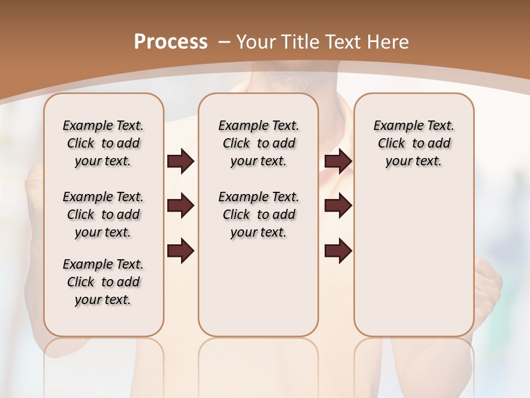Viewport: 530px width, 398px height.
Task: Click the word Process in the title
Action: [x=171, y=42]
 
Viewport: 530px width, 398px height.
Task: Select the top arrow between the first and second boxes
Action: [x=181, y=161]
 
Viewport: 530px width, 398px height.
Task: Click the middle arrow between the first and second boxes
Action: [x=181, y=206]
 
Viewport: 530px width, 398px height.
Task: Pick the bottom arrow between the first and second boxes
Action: [x=181, y=250]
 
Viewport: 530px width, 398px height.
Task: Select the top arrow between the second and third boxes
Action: [x=338, y=161]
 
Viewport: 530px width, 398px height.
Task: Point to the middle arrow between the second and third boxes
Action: [x=338, y=206]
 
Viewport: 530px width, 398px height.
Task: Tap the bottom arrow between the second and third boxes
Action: [x=338, y=250]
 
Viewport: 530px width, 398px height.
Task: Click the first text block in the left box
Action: [x=103, y=143]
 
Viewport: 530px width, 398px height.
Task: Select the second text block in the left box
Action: [x=103, y=214]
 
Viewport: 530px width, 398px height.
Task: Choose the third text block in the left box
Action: [x=103, y=282]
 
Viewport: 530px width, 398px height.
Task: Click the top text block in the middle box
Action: [x=258, y=143]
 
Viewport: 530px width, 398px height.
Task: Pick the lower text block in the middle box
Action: [x=258, y=214]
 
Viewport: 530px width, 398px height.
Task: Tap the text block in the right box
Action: [x=414, y=143]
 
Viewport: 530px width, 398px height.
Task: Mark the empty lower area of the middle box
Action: [x=258, y=287]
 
